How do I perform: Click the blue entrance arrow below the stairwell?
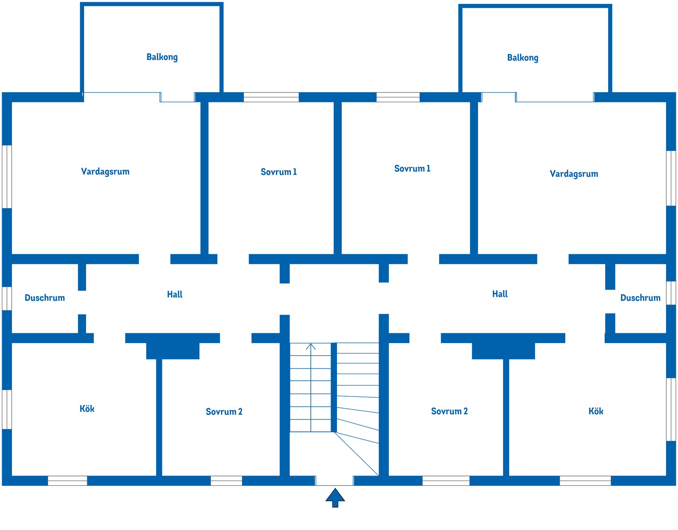pos(335,498)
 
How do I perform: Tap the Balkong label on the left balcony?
pos(162,57)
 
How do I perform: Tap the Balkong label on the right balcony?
pos(523,58)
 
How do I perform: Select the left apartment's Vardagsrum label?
pos(105,172)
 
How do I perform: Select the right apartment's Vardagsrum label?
pos(574,174)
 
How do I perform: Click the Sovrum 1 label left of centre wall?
pos(279,172)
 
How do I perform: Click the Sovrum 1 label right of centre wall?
pos(412,169)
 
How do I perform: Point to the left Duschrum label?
pos(45,298)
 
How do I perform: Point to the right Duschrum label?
pos(640,298)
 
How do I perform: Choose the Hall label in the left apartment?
pos(175,294)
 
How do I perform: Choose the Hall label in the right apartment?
pos(500,294)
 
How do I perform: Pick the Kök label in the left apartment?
pos(87,409)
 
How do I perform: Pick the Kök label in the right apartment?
pos(596,411)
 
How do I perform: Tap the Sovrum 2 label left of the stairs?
pos(224,412)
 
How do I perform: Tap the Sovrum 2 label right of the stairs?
pos(449,411)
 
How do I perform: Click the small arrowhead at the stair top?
pos(311,346)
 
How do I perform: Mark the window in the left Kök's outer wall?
pos(7,410)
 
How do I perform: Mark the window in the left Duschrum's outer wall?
pos(7,299)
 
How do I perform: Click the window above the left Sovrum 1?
pos(271,97)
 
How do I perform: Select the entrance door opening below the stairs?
pos(334,481)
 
